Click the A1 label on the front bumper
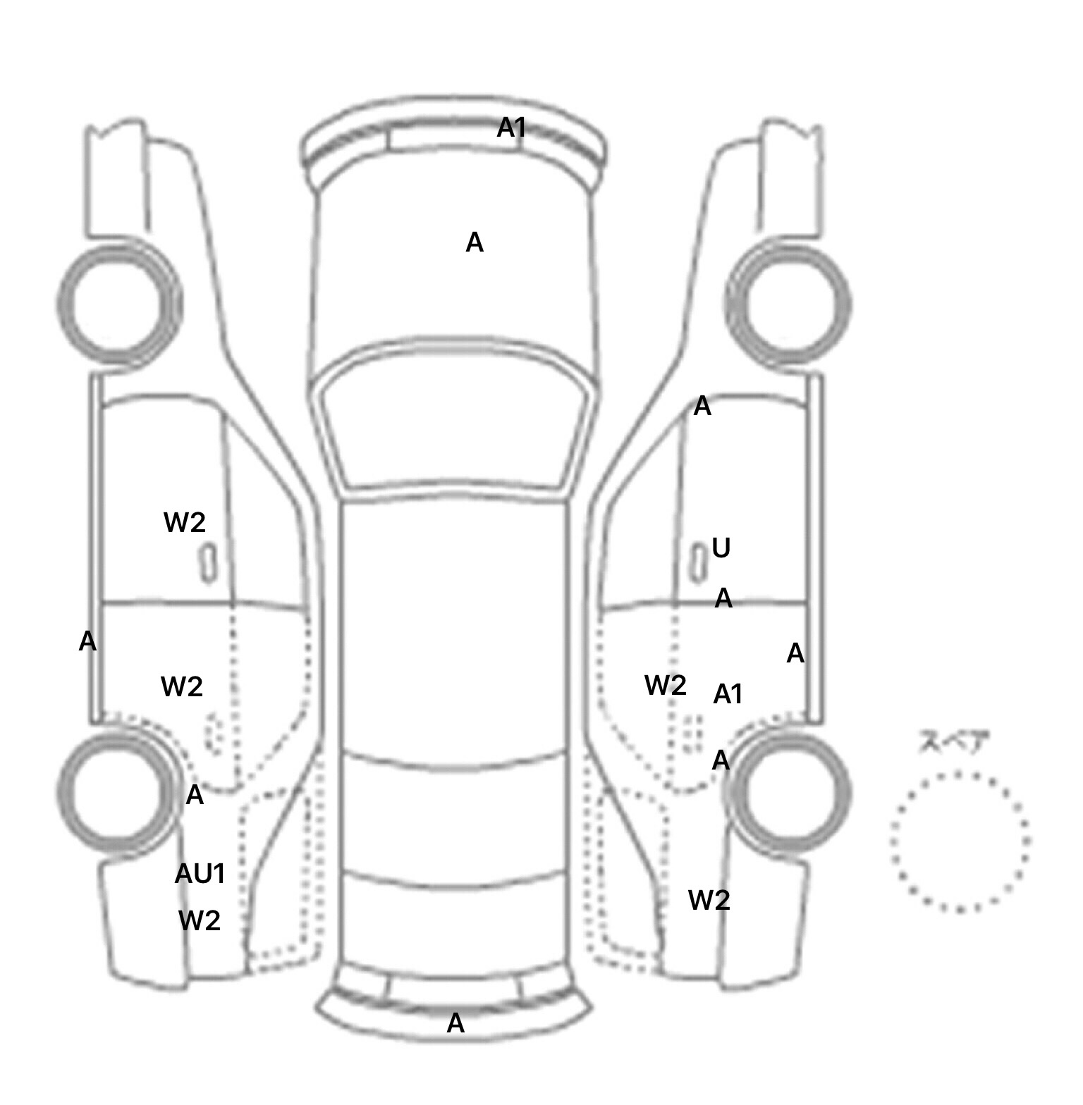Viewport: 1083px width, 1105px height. (x=512, y=128)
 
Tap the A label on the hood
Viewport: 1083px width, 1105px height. (x=475, y=243)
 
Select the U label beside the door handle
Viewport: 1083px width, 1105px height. (x=721, y=548)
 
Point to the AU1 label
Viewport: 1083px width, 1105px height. (x=200, y=874)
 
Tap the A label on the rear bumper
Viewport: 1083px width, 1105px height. (x=455, y=1023)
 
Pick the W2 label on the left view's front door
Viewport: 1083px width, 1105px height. (x=185, y=522)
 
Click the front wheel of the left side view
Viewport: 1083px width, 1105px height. (x=118, y=304)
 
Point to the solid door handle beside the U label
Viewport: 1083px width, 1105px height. (x=698, y=564)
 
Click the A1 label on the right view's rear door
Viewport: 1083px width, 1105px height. (x=728, y=695)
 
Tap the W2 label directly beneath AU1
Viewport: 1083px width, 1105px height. (x=200, y=920)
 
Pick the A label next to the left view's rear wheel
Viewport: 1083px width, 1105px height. (x=195, y=796)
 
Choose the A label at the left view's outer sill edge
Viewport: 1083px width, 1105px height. (x=87, y=641)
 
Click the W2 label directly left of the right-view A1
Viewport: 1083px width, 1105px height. (x=666, y=685)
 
